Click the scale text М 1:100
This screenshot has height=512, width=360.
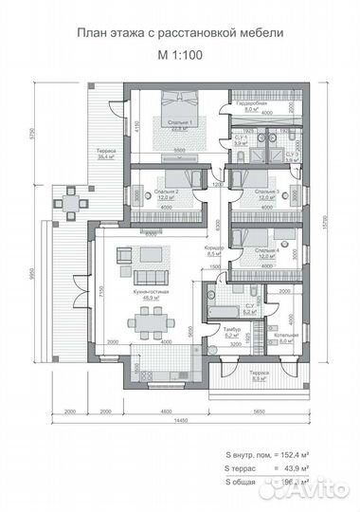[180, 53]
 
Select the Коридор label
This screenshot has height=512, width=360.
[213, 250]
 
